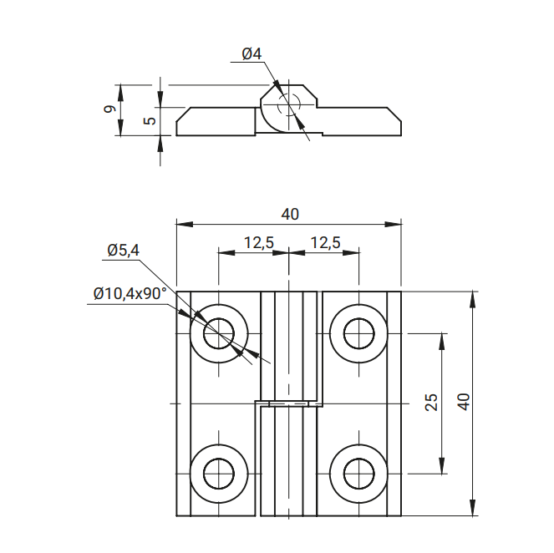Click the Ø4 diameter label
252,54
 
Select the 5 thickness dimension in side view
149,120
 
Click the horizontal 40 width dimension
289,214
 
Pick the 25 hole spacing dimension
431,403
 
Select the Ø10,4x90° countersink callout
130,293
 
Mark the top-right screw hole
359,332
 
